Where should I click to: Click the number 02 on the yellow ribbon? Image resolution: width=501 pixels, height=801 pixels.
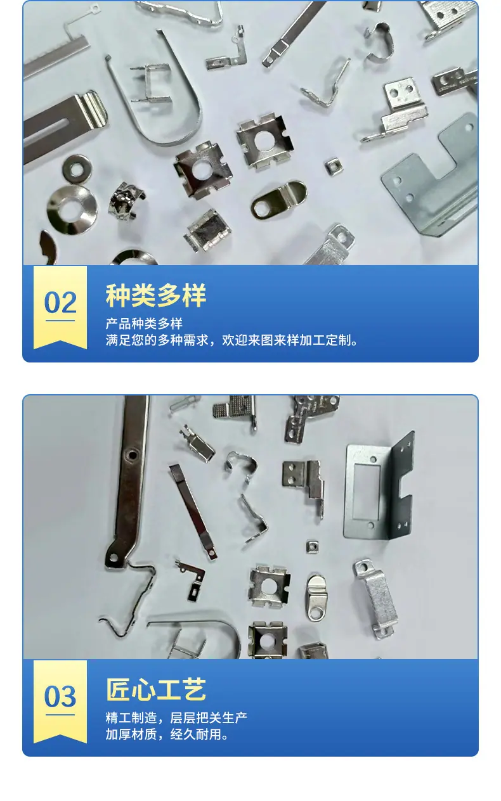60,303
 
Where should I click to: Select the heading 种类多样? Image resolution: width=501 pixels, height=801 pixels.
155,295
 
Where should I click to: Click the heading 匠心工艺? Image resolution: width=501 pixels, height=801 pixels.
155,689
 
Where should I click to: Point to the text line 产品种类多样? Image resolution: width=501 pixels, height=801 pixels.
144,324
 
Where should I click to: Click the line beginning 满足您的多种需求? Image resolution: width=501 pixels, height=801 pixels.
231,340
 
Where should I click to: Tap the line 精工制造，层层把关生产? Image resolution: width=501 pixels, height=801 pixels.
176,717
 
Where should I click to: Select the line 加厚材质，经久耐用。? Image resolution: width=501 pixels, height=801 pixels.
167,734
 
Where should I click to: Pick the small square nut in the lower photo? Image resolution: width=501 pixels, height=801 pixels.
312,546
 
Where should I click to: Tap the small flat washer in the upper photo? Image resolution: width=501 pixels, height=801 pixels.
77,167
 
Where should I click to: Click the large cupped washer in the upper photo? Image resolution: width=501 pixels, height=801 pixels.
72,209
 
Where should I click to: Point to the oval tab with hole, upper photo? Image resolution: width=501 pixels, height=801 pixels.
278,200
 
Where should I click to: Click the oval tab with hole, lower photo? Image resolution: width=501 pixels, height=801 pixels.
316,596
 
